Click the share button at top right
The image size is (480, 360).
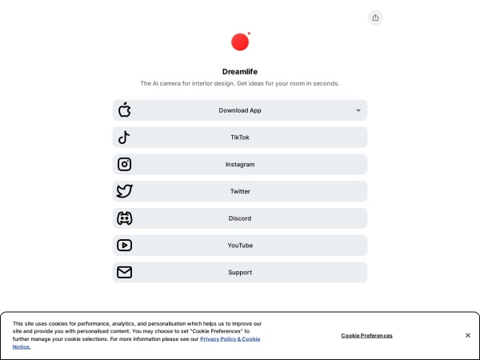tap(375, 18)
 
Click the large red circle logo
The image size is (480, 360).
tap(239, 42)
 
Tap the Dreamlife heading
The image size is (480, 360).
tap(240, 71)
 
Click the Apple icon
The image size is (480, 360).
tap(124, 110)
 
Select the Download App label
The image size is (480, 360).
tap(240, 110)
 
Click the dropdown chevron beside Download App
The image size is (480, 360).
tap(358, 110)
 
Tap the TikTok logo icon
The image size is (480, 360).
tap(124, 138)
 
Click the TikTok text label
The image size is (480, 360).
tap(240, 138)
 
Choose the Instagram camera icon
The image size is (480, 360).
tap(124, 165)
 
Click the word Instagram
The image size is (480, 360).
tap(240, 165)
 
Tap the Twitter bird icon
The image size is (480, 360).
tap(124, 191)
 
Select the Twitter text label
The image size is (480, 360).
tap(240, 191)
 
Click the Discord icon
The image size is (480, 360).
tap(124, 218)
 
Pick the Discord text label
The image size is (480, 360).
tap(240, 218)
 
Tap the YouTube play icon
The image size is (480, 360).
tap(124, 246)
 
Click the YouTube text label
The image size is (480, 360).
tap(240, 246)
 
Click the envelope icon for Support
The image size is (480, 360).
tap(124, 272)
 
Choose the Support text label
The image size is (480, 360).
tap(240, 273)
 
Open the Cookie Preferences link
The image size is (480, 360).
tap(366, 335)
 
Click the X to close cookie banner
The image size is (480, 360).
tap(468, 335)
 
